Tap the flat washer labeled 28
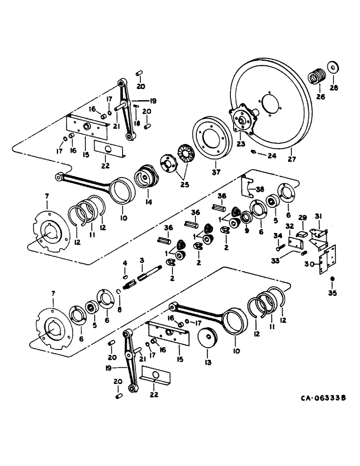(x=334, y=66)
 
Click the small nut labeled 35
(x=332, y=279)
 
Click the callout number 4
(x=125, y=264)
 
